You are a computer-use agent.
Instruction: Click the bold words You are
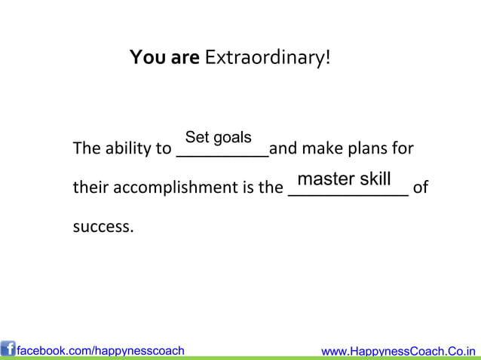pyautogui.click(x=164, y=58)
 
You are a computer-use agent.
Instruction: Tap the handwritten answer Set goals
pyautogui.click(x=218, y=138)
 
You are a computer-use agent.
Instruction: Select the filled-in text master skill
pyautogui.click(x=344, y=179)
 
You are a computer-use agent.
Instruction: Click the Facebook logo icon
pyautogui.click(x=8, y=349)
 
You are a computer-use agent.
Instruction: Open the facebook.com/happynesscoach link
pyautogui.click(x=100, y=350)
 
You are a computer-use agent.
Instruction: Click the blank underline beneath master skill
pyautogui.click(x=348, y=194)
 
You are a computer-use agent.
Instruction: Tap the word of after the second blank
pyautogui.click(x=421, y=188)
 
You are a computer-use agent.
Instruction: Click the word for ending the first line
pyautogui.click(x=402, y=148)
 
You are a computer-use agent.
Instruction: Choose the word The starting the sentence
pyautogui.click(x=84, y=148)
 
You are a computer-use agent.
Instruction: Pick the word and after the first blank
pyautogui.click(x=283, y=148)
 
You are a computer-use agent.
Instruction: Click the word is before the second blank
pyautogui.click(x=247, y=188)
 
